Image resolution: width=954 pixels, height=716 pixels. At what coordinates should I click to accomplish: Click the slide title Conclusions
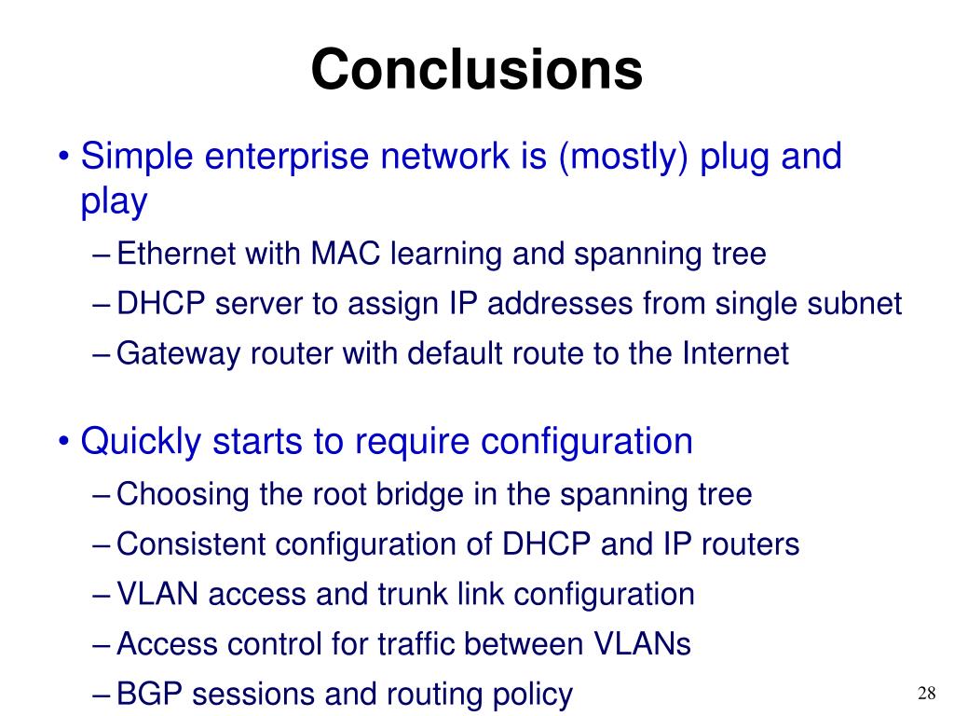(x=476, y=70)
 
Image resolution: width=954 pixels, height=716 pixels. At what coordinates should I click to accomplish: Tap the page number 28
(x=926, y=693)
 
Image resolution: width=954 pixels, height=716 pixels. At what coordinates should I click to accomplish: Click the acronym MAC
(x=346, y=254)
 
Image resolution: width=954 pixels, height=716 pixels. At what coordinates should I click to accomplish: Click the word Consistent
(x=185, y=544)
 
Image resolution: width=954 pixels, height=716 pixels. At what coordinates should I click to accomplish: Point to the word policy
(x=530, y=695)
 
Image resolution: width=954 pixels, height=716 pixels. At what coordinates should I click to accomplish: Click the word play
(x=115, y=201)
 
